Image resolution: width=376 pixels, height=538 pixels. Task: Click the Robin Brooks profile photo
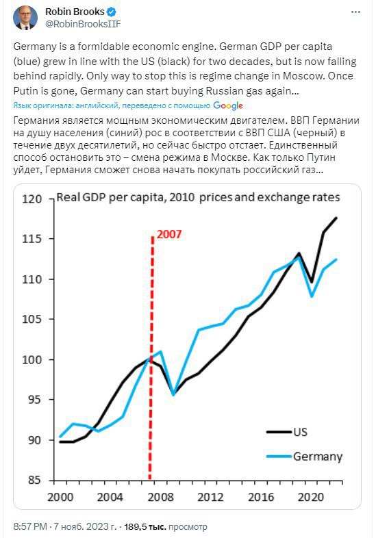coord(25,18)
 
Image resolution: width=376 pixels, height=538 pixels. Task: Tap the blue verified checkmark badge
coord(111,12)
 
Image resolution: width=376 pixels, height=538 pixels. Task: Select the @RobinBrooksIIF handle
coord(83,24)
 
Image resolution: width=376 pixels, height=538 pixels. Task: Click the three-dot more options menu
coord(355,12)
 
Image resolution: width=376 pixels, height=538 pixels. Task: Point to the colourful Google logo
coord(228,105)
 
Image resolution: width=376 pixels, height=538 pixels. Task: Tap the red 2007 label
coord(169,234)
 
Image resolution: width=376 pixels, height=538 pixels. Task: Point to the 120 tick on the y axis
coord(32,199)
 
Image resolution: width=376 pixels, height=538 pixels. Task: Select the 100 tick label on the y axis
coord(32,359)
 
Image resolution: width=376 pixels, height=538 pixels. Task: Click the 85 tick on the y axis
coord(35,480)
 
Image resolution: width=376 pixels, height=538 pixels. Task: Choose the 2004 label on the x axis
coord(110,497)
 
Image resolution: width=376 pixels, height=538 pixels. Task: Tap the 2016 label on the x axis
coord(261,497)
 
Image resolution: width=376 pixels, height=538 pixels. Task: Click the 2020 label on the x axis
coord(311,497)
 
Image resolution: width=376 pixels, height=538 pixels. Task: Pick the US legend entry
coord(287,432)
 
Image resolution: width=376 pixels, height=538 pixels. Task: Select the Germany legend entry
coord(305,457)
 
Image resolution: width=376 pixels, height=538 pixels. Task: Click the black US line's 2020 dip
coord(312,282)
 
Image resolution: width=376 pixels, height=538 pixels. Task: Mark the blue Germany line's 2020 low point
coord(312,296)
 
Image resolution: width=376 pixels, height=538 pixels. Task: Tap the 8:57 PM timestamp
coord(30,526)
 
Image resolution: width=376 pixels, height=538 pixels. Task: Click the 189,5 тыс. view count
coord(145,526)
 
